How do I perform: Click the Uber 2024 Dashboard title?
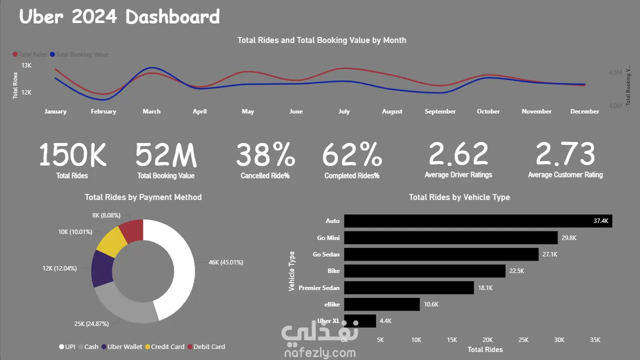119,16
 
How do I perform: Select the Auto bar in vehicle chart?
477,221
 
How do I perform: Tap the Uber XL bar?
360,321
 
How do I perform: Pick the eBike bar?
381,304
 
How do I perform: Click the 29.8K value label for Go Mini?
569,238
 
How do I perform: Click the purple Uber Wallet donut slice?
102,268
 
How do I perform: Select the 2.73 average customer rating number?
565,155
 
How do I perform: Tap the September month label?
440,111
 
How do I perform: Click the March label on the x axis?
151,111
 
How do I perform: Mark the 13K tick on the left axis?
26,65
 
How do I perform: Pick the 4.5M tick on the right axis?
615,72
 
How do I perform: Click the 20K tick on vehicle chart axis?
487,340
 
